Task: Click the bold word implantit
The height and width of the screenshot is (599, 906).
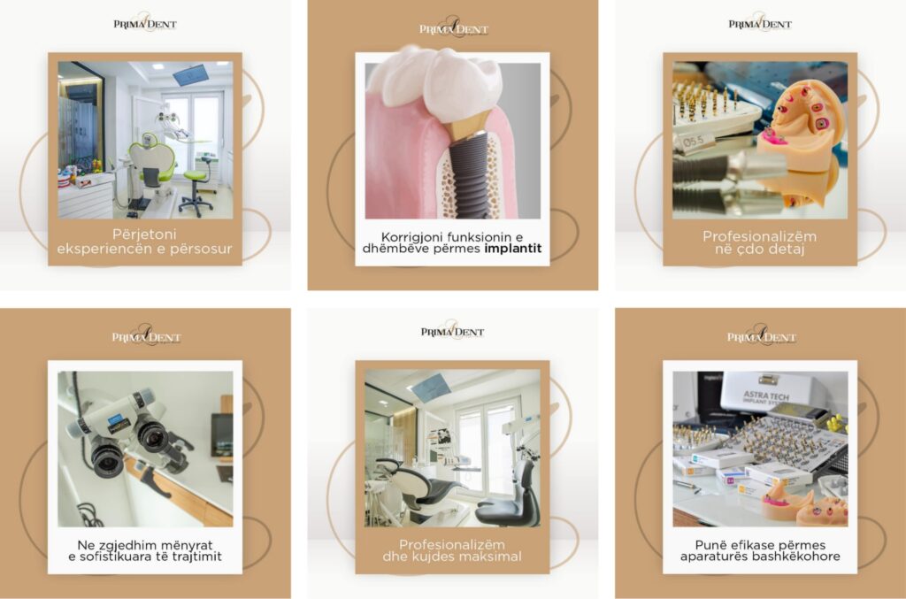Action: click(x=513, y=249)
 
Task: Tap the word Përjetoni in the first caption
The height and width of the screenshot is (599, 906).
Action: click(x=144, y=234)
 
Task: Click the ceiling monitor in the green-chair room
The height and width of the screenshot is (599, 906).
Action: click(x=191, y=74)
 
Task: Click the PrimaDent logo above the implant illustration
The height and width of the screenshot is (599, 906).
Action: click(x=454, y=28)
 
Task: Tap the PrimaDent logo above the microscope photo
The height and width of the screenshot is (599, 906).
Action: click(x=146, y=336)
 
